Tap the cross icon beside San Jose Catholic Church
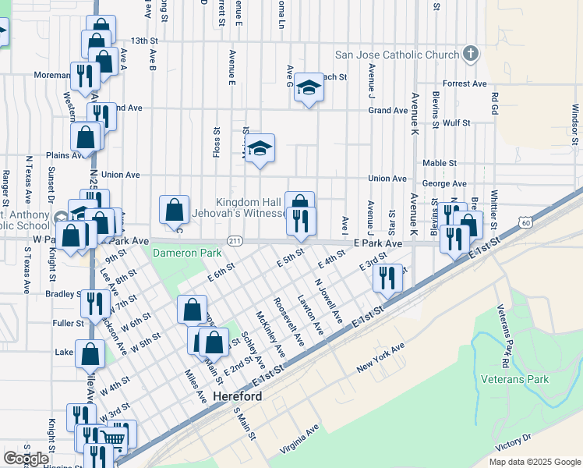[469, 54]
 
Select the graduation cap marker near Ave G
[309, 87]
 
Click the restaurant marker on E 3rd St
[387, 278]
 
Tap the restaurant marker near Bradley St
[95, 303]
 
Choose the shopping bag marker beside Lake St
[90, 353]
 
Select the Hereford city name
[236, 396]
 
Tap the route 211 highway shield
[234, 240]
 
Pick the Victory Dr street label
[512, 443]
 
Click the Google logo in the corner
[26, 458]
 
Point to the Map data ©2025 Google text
[534, 462]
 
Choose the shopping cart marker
[115, 437]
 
